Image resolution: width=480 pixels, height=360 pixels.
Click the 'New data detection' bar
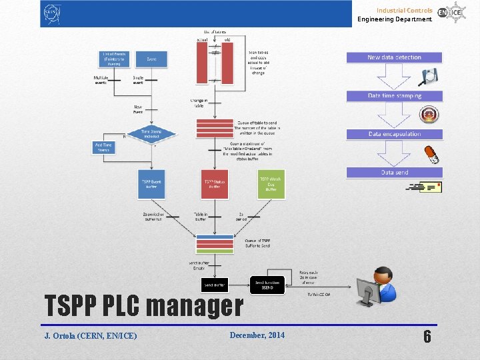394,57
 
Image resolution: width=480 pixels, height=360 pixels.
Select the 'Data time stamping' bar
394,95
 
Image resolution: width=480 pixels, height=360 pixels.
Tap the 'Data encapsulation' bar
394,134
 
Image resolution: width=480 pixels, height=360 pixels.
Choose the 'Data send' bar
394,173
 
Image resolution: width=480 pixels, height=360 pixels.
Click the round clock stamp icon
433,114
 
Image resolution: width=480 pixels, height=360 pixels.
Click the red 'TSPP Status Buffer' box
215,184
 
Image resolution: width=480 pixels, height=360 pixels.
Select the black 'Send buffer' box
215,285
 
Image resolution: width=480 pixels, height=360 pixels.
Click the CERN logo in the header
52,13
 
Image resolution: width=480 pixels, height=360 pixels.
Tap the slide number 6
427,336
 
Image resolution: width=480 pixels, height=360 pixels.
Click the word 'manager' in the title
194,306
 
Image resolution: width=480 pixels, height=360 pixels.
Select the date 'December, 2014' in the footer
257,335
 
